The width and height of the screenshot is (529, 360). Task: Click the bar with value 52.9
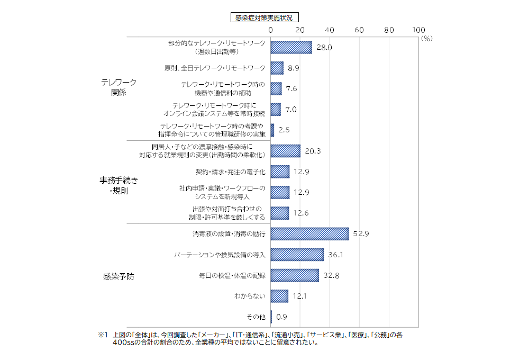(x=309, y=233)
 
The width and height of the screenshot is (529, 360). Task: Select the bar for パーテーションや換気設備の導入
(x=297, y=255)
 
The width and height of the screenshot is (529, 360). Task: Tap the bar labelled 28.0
(x=291, y=48)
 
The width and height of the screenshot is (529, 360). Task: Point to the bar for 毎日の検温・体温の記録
(x=295, y=275)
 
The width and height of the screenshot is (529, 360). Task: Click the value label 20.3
(x=313, y=151)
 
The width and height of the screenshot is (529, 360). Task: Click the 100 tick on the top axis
(x=418, y=30)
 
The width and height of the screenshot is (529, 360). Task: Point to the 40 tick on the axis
(x=330, y=30)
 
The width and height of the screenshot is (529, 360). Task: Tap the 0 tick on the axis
(x=270, y=30)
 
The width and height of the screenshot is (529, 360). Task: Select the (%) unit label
(x=427, y=38)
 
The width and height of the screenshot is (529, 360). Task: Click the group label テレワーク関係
(x=119, y=87)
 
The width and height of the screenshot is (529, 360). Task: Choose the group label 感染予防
(x=119, y=276)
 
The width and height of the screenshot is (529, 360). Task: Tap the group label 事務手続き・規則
(x=119, y=185)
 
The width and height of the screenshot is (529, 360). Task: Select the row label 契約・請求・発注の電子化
(x=231, y=172)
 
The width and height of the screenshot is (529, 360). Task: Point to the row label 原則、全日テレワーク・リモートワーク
(x=215, y=68)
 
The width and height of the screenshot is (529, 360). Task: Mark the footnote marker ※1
(x=103, y=335)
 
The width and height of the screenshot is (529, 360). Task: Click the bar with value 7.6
(x=276, y=89)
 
